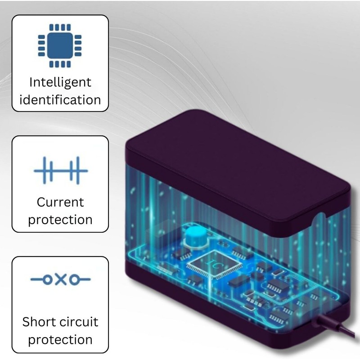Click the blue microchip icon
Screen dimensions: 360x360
tap(60, 45)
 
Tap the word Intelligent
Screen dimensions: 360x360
tap(60, 82)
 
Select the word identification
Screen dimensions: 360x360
tap(60, 99)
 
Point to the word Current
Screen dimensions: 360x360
tap(60, 202)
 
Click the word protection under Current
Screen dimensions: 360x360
tap(60, 220)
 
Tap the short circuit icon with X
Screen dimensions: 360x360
tap(60, 279)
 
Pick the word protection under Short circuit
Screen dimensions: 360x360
tap(60, 340)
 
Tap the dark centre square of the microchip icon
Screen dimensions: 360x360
tap(60, 45)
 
